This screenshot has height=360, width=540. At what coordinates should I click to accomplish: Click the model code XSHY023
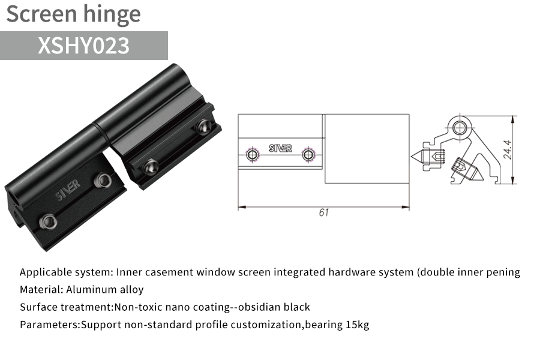click(83, 45)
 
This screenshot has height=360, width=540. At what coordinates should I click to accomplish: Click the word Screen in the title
click(41, 14)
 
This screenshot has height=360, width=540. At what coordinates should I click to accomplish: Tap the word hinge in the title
click(112, 14)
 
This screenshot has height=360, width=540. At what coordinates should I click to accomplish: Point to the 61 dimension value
click(324, 212)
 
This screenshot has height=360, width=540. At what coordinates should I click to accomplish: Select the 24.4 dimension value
click(508, 149)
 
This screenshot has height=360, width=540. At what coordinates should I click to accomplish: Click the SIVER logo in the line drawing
click(280, 148)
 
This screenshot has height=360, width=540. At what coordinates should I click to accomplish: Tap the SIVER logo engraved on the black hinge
click(68, 190)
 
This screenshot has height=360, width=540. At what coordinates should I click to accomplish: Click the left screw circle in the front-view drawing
click(253, 154)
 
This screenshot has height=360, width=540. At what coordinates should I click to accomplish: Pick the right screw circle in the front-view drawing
click(308, 154)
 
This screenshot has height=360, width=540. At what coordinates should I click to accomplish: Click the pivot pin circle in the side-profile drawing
click(459, 128)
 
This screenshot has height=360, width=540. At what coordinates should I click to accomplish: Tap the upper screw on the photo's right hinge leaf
click(203, 126)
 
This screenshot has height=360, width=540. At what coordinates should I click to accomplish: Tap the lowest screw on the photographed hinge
click(48, 221)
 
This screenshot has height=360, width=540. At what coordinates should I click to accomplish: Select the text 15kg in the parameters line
click(357, 325)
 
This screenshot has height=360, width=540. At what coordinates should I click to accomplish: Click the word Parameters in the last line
click(50, 325)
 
